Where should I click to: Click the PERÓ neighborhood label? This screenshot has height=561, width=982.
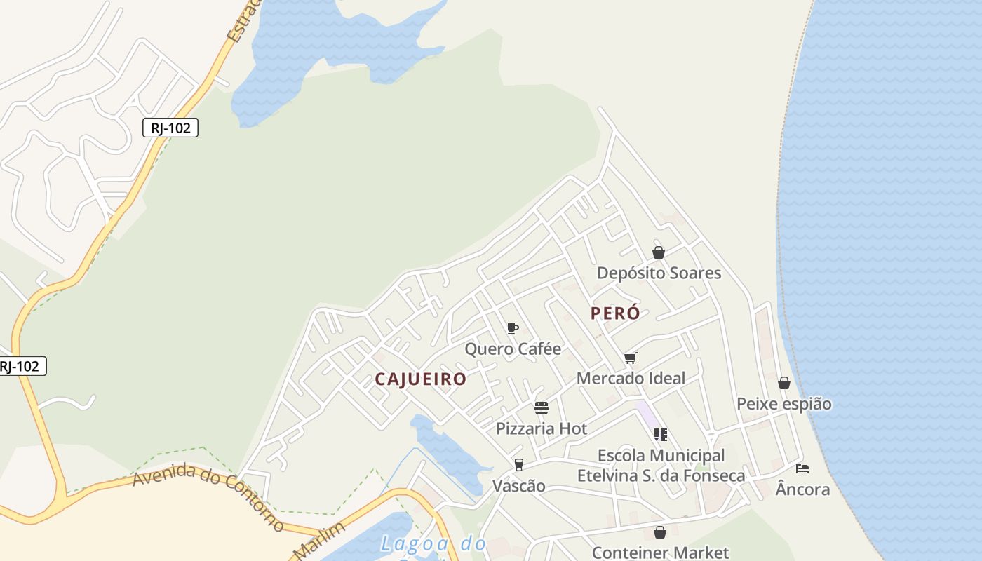[x=615, y=313]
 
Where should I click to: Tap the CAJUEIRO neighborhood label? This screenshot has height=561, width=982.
[x=420, y=379]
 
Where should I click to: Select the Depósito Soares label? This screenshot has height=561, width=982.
[x=659, y=273]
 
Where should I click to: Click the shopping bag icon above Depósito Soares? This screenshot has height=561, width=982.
[x=659, y=252]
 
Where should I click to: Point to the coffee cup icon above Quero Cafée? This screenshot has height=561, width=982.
[x=513, y=328]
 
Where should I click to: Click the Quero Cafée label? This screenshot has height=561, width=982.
[x=513, y=349]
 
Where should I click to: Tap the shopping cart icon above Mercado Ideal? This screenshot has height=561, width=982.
[x=631, y=358]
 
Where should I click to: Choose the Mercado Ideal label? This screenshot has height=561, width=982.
[x=631, y=379]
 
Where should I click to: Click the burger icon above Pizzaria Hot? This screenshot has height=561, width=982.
[x=541, y=408]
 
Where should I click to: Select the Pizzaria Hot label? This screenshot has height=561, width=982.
[x=541, y=428]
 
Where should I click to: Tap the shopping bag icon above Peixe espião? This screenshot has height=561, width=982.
[x=784, y=383]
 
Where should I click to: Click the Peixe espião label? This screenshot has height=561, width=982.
[x=784, y=404]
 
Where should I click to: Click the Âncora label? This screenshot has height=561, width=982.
[x=803, y=489]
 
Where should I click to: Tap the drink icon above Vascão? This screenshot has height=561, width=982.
[x=519, y=464]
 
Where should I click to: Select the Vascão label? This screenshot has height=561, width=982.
[x=519, y=485]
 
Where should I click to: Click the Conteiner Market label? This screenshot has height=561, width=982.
[x=660, y=553]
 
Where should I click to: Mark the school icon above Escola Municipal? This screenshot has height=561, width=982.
[x=660, y=435]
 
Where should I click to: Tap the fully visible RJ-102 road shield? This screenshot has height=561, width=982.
[x=170, y=128]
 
